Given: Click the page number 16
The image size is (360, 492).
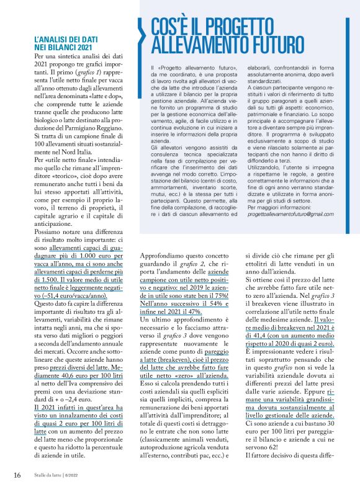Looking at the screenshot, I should (x=17, y=476).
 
